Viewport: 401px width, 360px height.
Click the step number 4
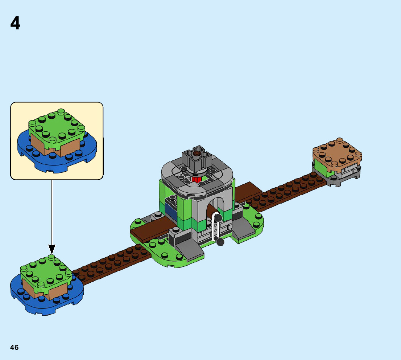click(x=15, y=24)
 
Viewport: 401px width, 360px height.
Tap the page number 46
click(x=15, y=347)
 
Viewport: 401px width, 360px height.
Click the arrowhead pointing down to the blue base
click(x=52, y=249)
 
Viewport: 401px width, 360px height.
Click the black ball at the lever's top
click(x=218, y=217)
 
